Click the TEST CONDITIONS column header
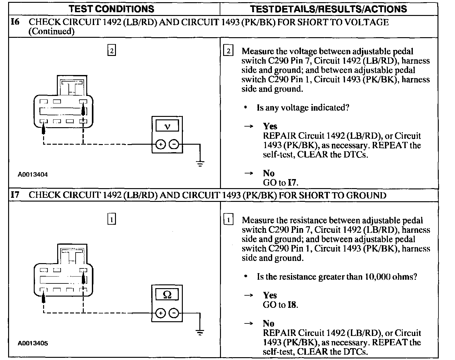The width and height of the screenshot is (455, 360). pyautogui.click(x=111, y=9)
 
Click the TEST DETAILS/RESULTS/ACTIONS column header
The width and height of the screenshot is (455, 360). pyautogui.click(x=328, y=9)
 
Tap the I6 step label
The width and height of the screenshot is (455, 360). pyautogui.click(x=15, y=22)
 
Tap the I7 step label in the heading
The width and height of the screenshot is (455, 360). pyautogui.click(x=15, y=195)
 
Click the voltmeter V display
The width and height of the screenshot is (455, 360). pyautogui.click(x=167, y=126)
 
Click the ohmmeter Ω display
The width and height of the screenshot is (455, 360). pyautogui.click(x=167, y=295)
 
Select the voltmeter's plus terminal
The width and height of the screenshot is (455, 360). pyautogui.click(x=161, y=144)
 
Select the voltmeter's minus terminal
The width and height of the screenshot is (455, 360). pyautogui.click(x=174, y=144)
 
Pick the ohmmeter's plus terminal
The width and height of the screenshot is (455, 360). pyautogui.click(x=161, y=313)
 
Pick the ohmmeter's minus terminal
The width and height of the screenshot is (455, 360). pyautogui.click(x=174, y=313)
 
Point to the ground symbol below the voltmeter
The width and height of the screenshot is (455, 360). pyautogui.click(x=200, y=163)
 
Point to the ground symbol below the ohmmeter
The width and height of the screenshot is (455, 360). pyautogui.click(x=200, y=332)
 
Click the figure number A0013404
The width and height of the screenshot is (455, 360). pyautogui.click(x=33, y=175)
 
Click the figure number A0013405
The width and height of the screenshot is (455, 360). pyautogui.click(x=33, y=343)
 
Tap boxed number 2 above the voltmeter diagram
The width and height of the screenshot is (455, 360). pyautogui.click(x=112, y=50)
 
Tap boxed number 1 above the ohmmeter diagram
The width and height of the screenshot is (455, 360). pyautogui.click(x=112, y=219)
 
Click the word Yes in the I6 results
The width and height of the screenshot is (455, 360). pyautogui.click(x=270, y=126)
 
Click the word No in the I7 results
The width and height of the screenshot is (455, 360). pyautogui.click(x=268, y=323)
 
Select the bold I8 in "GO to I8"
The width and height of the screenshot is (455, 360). pyautogui.click(x=292, y=305)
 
